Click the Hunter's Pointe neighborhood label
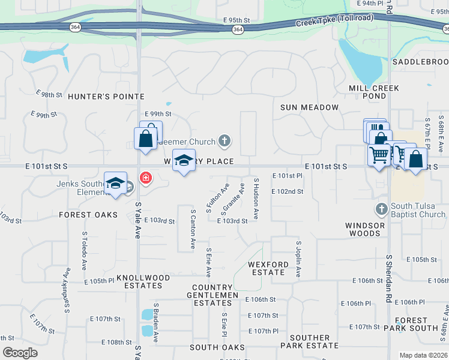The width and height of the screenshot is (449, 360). tap(106, 97)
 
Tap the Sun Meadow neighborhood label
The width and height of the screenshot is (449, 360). tap(309, 107)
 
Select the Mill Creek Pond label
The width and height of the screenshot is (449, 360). tap(374, 92)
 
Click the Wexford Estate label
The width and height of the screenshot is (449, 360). tap(268, 268)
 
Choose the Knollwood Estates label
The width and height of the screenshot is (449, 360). tap(143, 282)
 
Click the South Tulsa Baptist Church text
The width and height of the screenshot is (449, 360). tap(418, 211)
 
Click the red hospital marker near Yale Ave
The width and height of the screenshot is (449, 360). tap(145, 178)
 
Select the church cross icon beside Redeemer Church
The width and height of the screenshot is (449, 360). tap(224, 142)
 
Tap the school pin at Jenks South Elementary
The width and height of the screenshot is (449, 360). tap(115, 184)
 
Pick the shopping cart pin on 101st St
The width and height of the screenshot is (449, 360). tap(379, 155)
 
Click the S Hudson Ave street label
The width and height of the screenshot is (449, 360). tap(256, 198)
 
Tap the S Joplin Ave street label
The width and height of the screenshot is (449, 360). tap(298, 259)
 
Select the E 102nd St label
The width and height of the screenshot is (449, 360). tap(288, 192)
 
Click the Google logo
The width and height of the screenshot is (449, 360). tap(20, 353)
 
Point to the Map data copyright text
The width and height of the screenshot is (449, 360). tap(423, 355)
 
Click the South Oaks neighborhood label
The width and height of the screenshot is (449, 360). tap(217, 347)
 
